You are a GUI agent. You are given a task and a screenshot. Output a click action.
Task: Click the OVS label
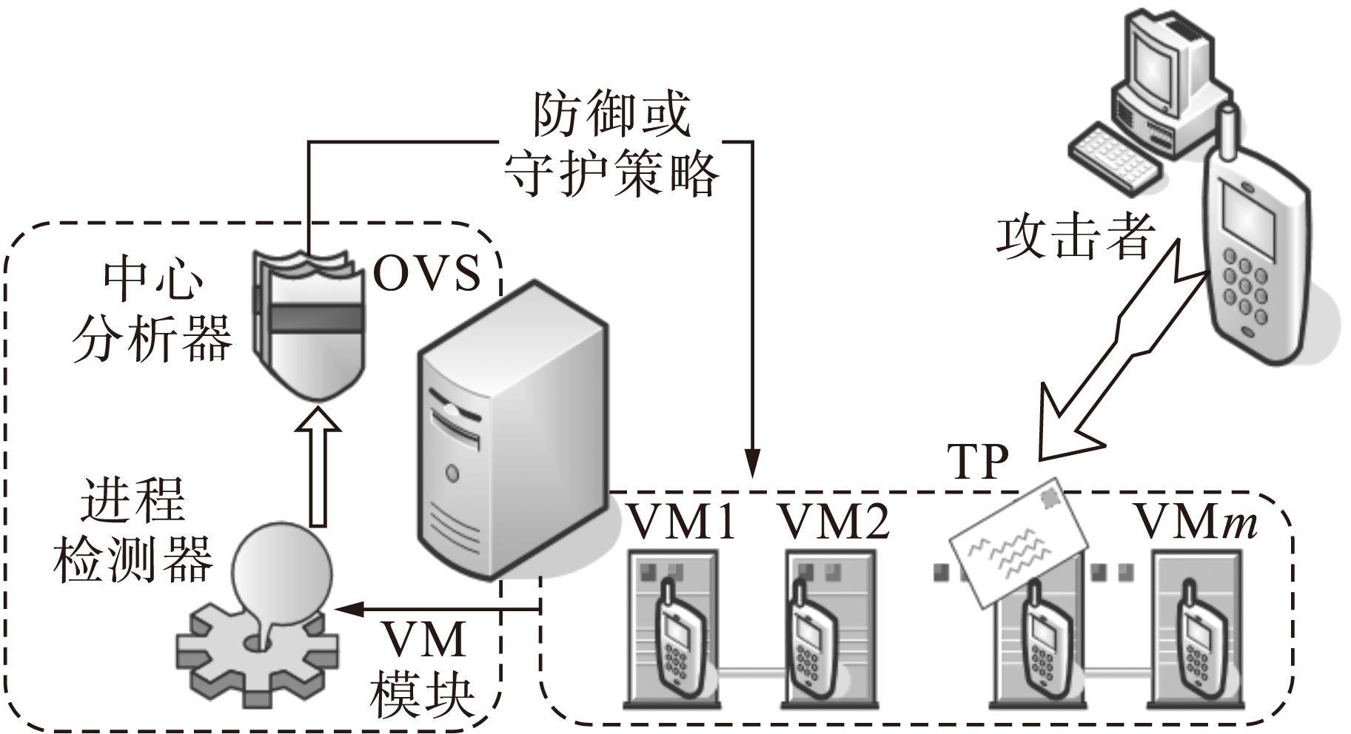click(428, 274)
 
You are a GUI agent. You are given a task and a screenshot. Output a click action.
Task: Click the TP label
click(979, 462)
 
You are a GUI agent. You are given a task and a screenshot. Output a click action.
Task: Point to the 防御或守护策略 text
click(611, 145)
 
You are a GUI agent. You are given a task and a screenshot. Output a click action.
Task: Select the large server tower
click(511, 429)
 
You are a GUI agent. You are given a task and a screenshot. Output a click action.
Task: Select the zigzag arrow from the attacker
click(1110, 355)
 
